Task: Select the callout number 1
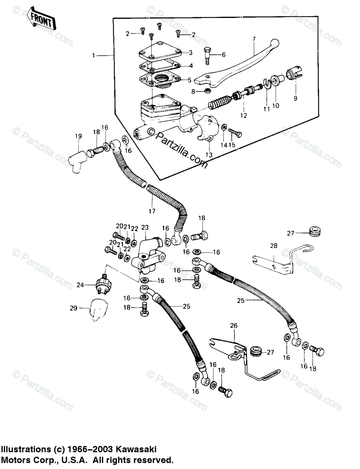(94, 56)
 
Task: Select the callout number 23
(145, 227)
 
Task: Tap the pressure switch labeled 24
(103, 284)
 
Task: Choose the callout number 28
(273, 246)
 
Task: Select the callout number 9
(296, 98)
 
